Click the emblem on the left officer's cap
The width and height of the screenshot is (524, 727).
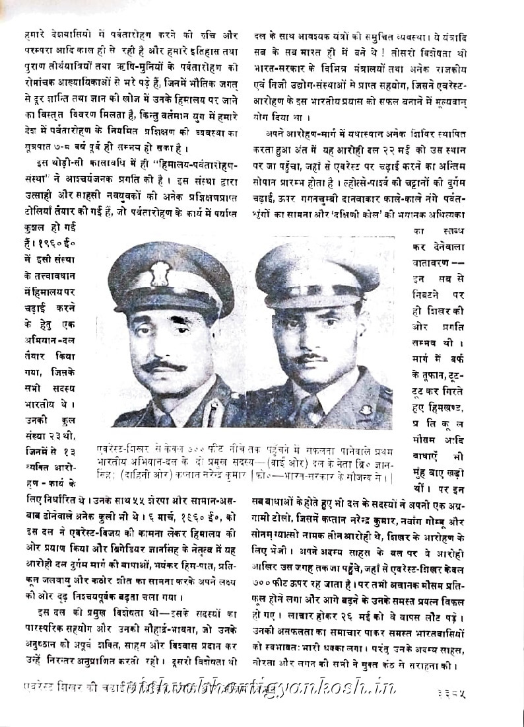tap(160, 272)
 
